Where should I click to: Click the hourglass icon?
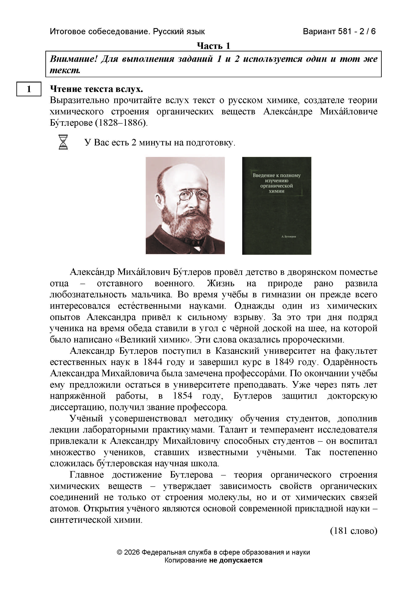[63, 142]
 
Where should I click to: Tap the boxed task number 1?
[29, 89]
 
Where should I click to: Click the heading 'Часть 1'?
[213, 46]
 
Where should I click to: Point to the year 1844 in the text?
[153, 362]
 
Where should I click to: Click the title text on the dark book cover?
[276, 183]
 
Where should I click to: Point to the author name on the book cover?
[289, 236]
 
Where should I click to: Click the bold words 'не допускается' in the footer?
[236, 560]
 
